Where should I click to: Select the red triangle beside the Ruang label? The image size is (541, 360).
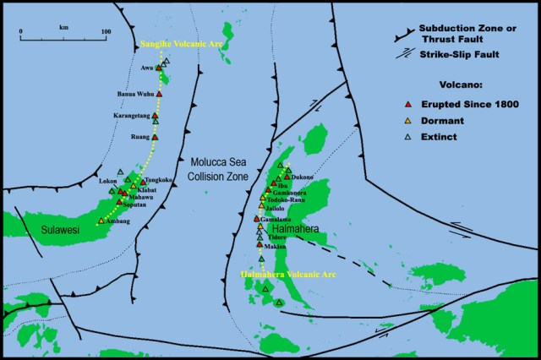tap(156, 136)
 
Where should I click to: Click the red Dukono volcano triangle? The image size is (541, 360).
tap(287, 177)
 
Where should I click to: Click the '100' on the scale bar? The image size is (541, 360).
tap(106, 32)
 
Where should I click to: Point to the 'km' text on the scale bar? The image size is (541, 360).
tap(64, 29)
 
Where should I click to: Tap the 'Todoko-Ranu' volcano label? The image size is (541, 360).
tap(287, 199)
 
